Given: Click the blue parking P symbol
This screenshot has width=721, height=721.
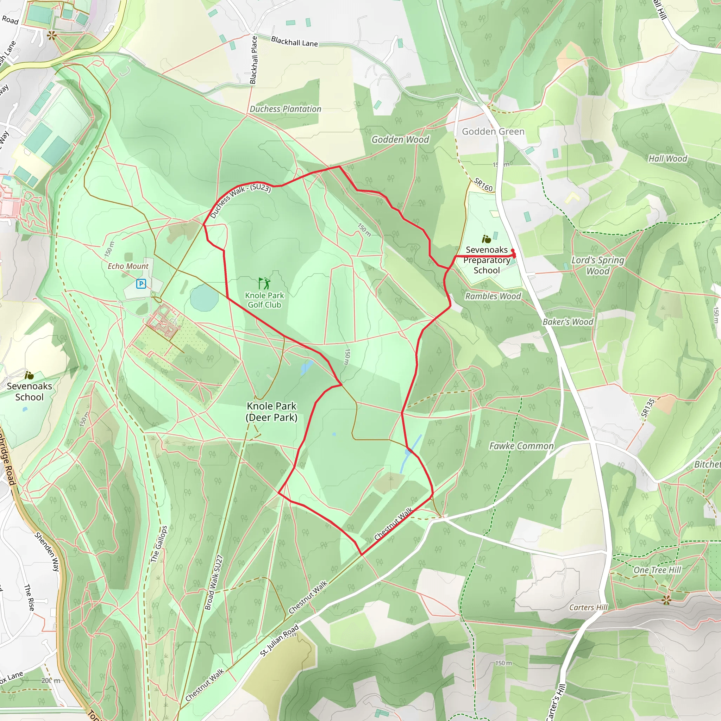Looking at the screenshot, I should [141, 284].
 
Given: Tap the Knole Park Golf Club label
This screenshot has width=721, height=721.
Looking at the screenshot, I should [264, 300].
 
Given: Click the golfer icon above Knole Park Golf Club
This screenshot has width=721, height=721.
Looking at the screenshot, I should [264, 283].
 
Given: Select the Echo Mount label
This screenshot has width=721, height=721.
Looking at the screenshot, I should [128, 266].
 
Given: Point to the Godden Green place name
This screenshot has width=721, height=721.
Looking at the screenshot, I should [493, 131].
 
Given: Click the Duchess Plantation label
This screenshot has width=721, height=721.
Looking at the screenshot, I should [285, 109].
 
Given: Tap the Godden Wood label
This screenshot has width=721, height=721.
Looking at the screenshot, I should [400, 139].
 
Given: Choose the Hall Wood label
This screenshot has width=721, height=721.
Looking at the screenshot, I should [667, 159].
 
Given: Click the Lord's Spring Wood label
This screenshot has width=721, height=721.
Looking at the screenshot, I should [597, 265].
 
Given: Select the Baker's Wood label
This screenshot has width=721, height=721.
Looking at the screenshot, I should [568, 322].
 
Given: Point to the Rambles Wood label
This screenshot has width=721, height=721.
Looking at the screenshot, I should [493, 296].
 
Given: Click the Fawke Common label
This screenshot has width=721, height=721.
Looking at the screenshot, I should [521, 446].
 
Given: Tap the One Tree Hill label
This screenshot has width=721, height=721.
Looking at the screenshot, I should [657, 570].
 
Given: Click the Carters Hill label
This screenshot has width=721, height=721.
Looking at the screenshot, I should [588, 607].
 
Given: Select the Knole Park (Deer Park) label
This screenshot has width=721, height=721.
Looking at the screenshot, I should [271, 411].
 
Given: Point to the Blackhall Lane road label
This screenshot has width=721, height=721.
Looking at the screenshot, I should [294, 41].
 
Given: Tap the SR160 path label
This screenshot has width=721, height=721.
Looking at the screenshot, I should [483, 184].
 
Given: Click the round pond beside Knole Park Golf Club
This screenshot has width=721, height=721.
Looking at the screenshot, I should [204, 297].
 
